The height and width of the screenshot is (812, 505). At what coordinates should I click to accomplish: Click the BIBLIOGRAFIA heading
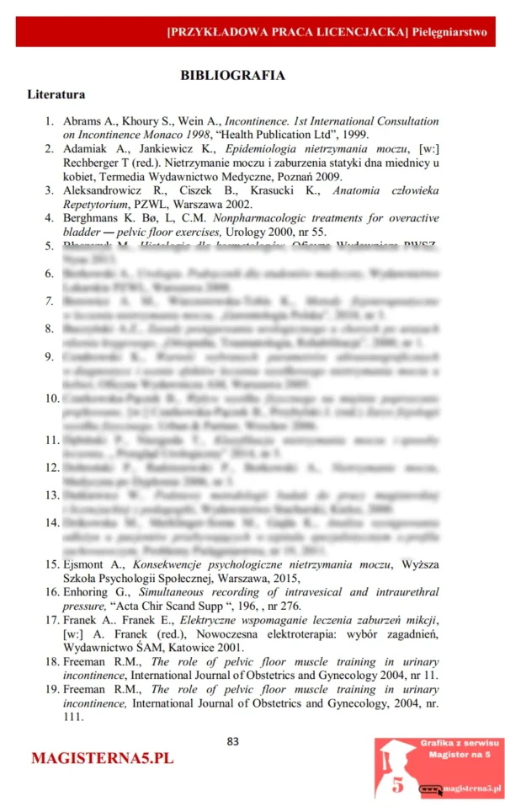(x=232, y=75)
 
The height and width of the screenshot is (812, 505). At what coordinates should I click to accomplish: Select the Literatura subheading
(x=56, y=94)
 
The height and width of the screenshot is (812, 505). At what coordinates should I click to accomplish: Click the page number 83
(x=233, y=741)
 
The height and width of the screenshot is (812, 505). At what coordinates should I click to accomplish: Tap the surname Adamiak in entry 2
(x=87, y=149)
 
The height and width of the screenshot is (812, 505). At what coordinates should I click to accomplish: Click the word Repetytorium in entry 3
(x=97, y=204)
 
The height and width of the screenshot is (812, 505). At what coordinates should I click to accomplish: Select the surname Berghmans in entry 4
(x=93, y=218)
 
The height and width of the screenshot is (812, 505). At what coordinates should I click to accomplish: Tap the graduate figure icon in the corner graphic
(x=396, y=767)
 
